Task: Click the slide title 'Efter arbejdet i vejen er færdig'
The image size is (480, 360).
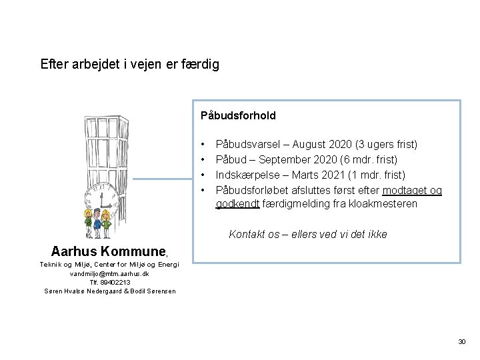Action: coord(129,65)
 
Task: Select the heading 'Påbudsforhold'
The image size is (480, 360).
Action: coord(238,115)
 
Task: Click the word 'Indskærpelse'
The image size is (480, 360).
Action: coord(246,175)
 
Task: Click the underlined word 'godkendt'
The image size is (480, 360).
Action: coord(237,204)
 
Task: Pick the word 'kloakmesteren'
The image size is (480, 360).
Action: coord(385,204)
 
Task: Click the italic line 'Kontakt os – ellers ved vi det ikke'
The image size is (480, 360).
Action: coord(307,235)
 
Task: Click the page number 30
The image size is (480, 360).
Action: coord(462,342)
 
